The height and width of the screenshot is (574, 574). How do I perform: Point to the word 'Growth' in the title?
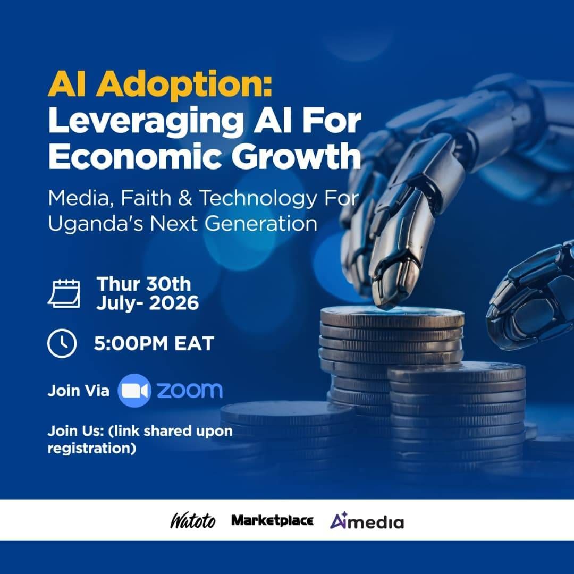296,156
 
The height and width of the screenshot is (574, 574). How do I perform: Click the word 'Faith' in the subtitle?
146,198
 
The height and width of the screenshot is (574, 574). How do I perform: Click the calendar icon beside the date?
64,293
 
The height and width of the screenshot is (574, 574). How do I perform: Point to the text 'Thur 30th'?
143,284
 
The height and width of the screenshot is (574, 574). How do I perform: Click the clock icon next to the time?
62,343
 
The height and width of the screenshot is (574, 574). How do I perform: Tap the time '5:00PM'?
131,343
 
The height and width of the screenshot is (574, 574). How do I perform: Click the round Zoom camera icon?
134,391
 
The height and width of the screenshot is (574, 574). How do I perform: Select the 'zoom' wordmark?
190,390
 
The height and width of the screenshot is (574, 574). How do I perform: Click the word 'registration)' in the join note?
92,449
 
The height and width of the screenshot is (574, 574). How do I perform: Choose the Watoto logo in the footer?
193,520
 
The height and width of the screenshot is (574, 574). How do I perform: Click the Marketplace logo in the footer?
272,520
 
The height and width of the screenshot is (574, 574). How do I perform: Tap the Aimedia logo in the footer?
367,520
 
